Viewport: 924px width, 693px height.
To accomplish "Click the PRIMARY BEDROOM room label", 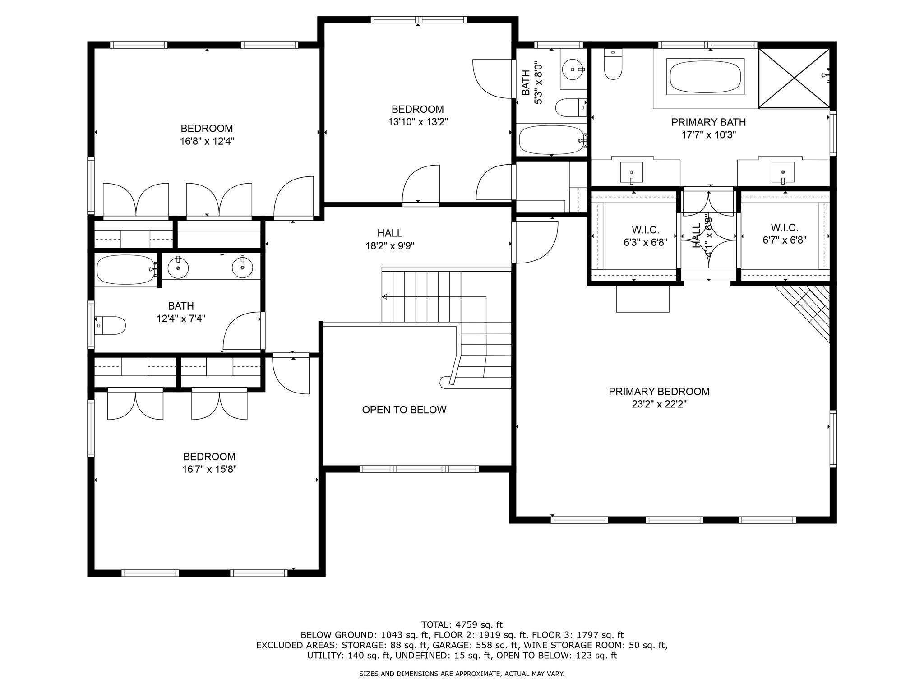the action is pos(659,392).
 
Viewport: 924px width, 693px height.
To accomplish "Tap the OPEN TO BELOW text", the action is pos(404,410).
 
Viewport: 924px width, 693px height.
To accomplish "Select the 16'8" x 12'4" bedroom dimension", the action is pos(207,141).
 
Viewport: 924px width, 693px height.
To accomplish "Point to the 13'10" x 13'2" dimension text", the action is pos(418,122).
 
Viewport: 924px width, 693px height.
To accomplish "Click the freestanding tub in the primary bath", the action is pos(705,77).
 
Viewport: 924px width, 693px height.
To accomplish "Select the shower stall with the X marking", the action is pos(794,78).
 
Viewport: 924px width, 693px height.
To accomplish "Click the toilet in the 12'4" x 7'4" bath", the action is pos(110,325).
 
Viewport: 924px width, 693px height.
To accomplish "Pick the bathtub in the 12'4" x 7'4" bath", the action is pos(126,270).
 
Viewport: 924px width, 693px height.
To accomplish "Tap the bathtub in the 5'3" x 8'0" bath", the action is pos(551,140).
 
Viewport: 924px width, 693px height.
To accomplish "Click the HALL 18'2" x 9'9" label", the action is pos(390,240).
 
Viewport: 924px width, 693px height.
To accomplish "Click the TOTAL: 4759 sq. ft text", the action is pos(462,625).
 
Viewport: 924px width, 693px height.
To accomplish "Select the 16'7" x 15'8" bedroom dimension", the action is pos(209,469).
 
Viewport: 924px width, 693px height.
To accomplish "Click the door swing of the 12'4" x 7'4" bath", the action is pos(242,331).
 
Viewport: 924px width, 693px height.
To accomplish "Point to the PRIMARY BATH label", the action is pos(708,122).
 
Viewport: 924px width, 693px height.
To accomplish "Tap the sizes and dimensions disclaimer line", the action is pos(462,674).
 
